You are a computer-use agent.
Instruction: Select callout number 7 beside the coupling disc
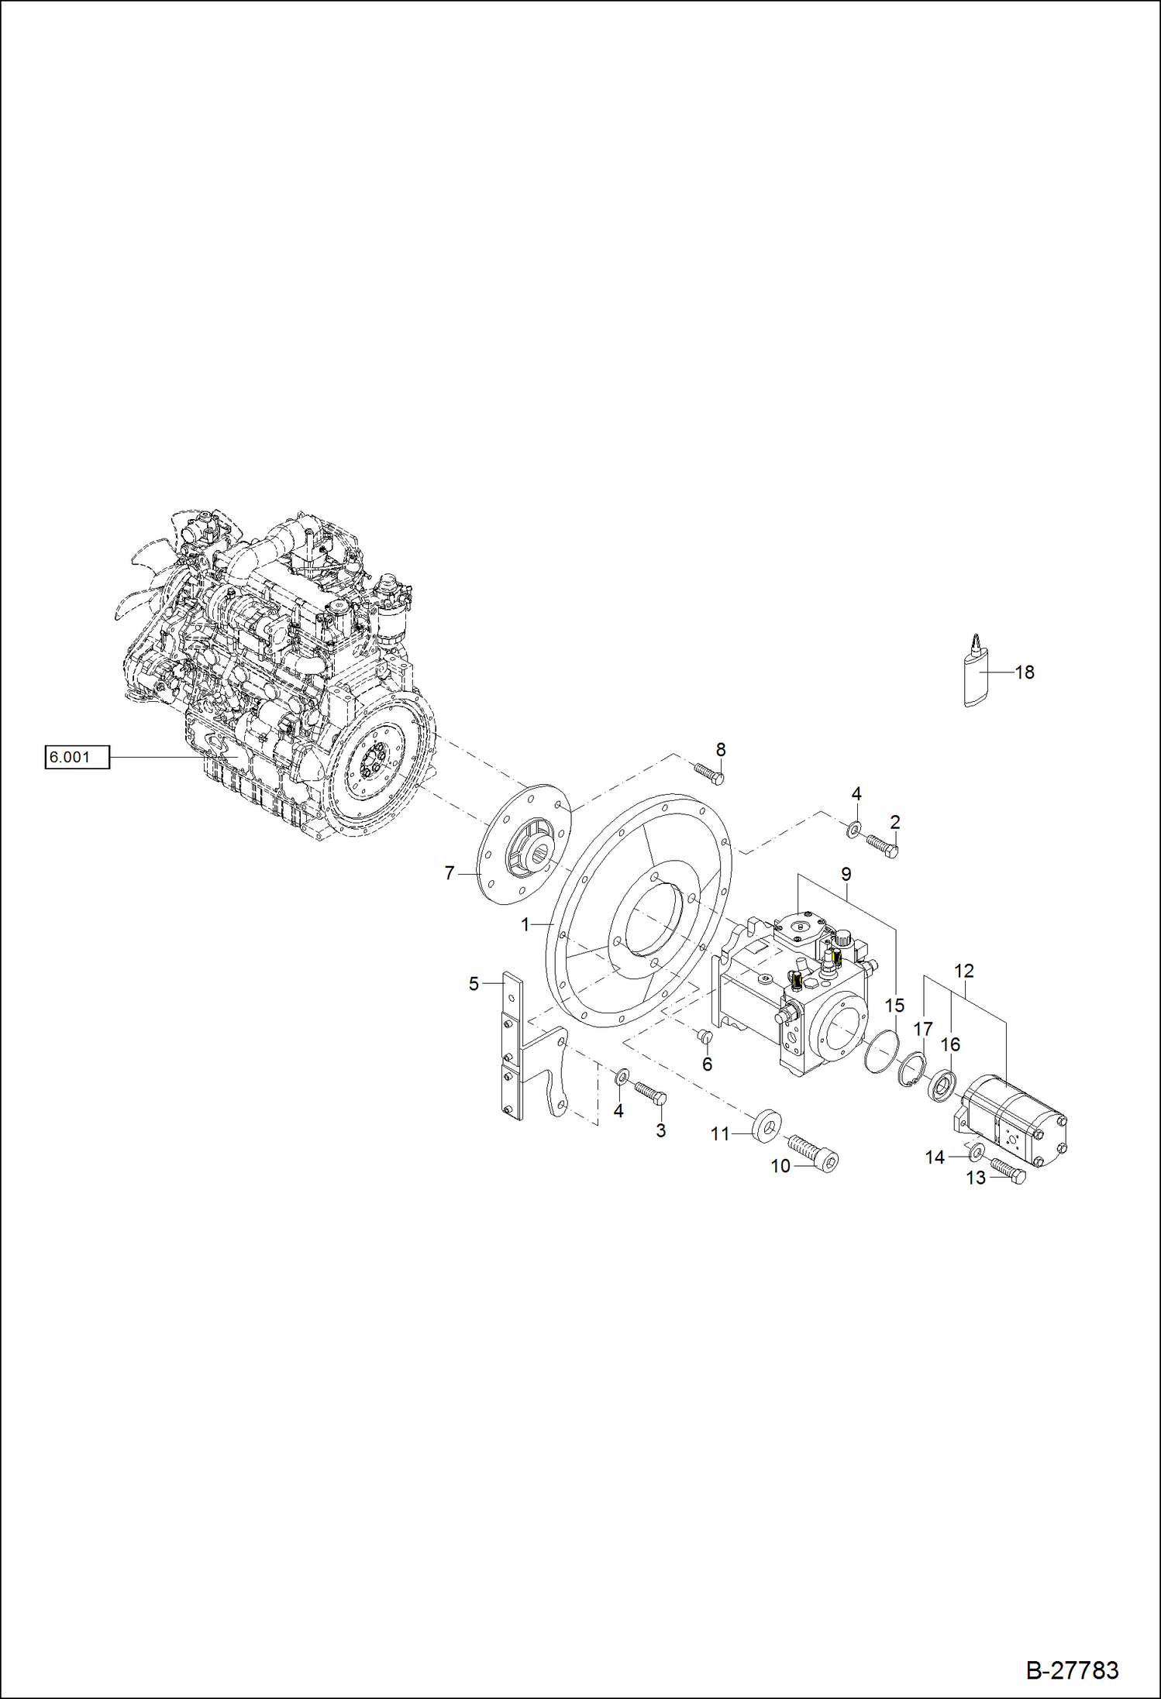450,873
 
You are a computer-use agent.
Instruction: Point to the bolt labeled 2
882,845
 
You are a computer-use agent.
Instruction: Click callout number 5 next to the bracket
474,984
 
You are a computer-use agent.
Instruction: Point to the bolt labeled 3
649,1092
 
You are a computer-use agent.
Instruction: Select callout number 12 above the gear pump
964,971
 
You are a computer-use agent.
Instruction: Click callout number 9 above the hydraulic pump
846,875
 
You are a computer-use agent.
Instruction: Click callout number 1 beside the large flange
525,924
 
